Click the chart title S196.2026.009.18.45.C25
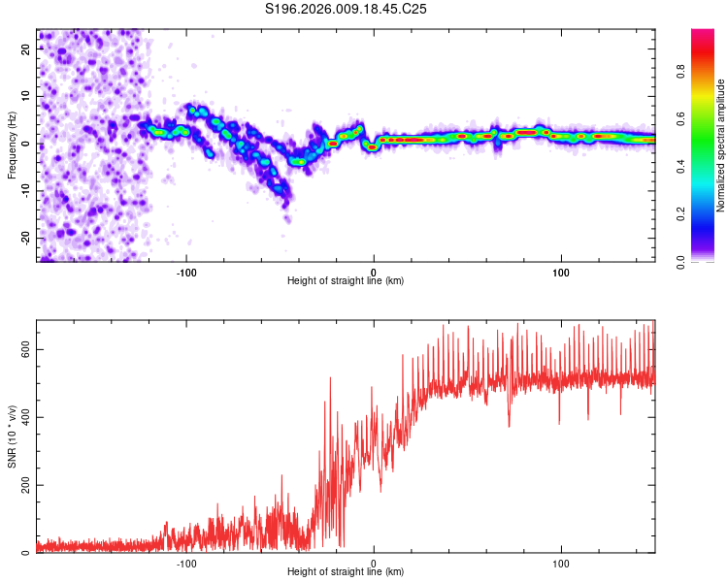346,9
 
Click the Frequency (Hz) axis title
12,145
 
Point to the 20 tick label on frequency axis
26,48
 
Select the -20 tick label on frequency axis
26,239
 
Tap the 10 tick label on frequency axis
26,96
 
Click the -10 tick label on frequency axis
26,191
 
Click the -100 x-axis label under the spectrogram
186,273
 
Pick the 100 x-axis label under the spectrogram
561,273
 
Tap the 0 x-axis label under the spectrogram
374,273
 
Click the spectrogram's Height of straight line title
346,280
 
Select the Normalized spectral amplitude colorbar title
720,145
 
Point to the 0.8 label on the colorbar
681,72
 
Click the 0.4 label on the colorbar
681,167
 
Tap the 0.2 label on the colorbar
681,214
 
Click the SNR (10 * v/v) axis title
12,436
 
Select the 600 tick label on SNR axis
26,349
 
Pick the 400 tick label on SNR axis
26,417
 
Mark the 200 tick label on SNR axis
26,485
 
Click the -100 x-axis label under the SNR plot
186,564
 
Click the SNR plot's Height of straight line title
346,571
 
